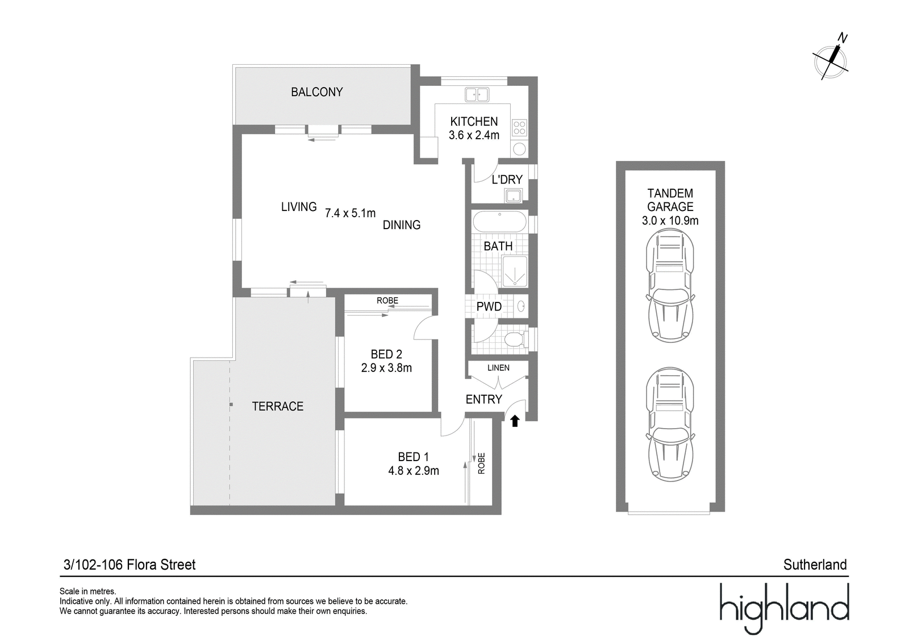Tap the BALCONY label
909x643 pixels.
(317, 92)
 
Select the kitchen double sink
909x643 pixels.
(477, 94)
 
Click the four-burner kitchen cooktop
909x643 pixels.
(519, 127)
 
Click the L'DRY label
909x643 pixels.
(507, 180)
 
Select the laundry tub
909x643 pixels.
(514, 196)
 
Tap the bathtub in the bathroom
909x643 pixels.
(499, 221)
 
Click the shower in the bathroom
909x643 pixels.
(515, 271)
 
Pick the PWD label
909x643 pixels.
(489, 306)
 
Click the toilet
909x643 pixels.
(517, 339)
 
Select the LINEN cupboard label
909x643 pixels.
(498, 368)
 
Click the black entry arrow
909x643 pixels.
(515, 421)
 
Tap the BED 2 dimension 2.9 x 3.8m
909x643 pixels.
(386, 368)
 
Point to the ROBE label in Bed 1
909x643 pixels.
(481, 463)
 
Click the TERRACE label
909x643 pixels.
(278, 406)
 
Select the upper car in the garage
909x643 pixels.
(670, 285)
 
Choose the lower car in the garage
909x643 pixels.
(670, 425)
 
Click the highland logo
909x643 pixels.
(785, 608)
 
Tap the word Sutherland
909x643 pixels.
(815, 565)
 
